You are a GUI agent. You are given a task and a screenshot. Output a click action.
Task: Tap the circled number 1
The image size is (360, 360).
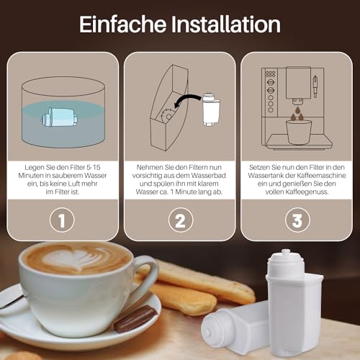pos(63,219)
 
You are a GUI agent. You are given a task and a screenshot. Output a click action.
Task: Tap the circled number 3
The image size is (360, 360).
pos(297,219)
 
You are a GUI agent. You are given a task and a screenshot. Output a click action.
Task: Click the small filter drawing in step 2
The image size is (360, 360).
pos(210,107)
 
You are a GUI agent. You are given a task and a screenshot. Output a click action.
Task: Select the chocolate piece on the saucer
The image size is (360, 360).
pos(135,318)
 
